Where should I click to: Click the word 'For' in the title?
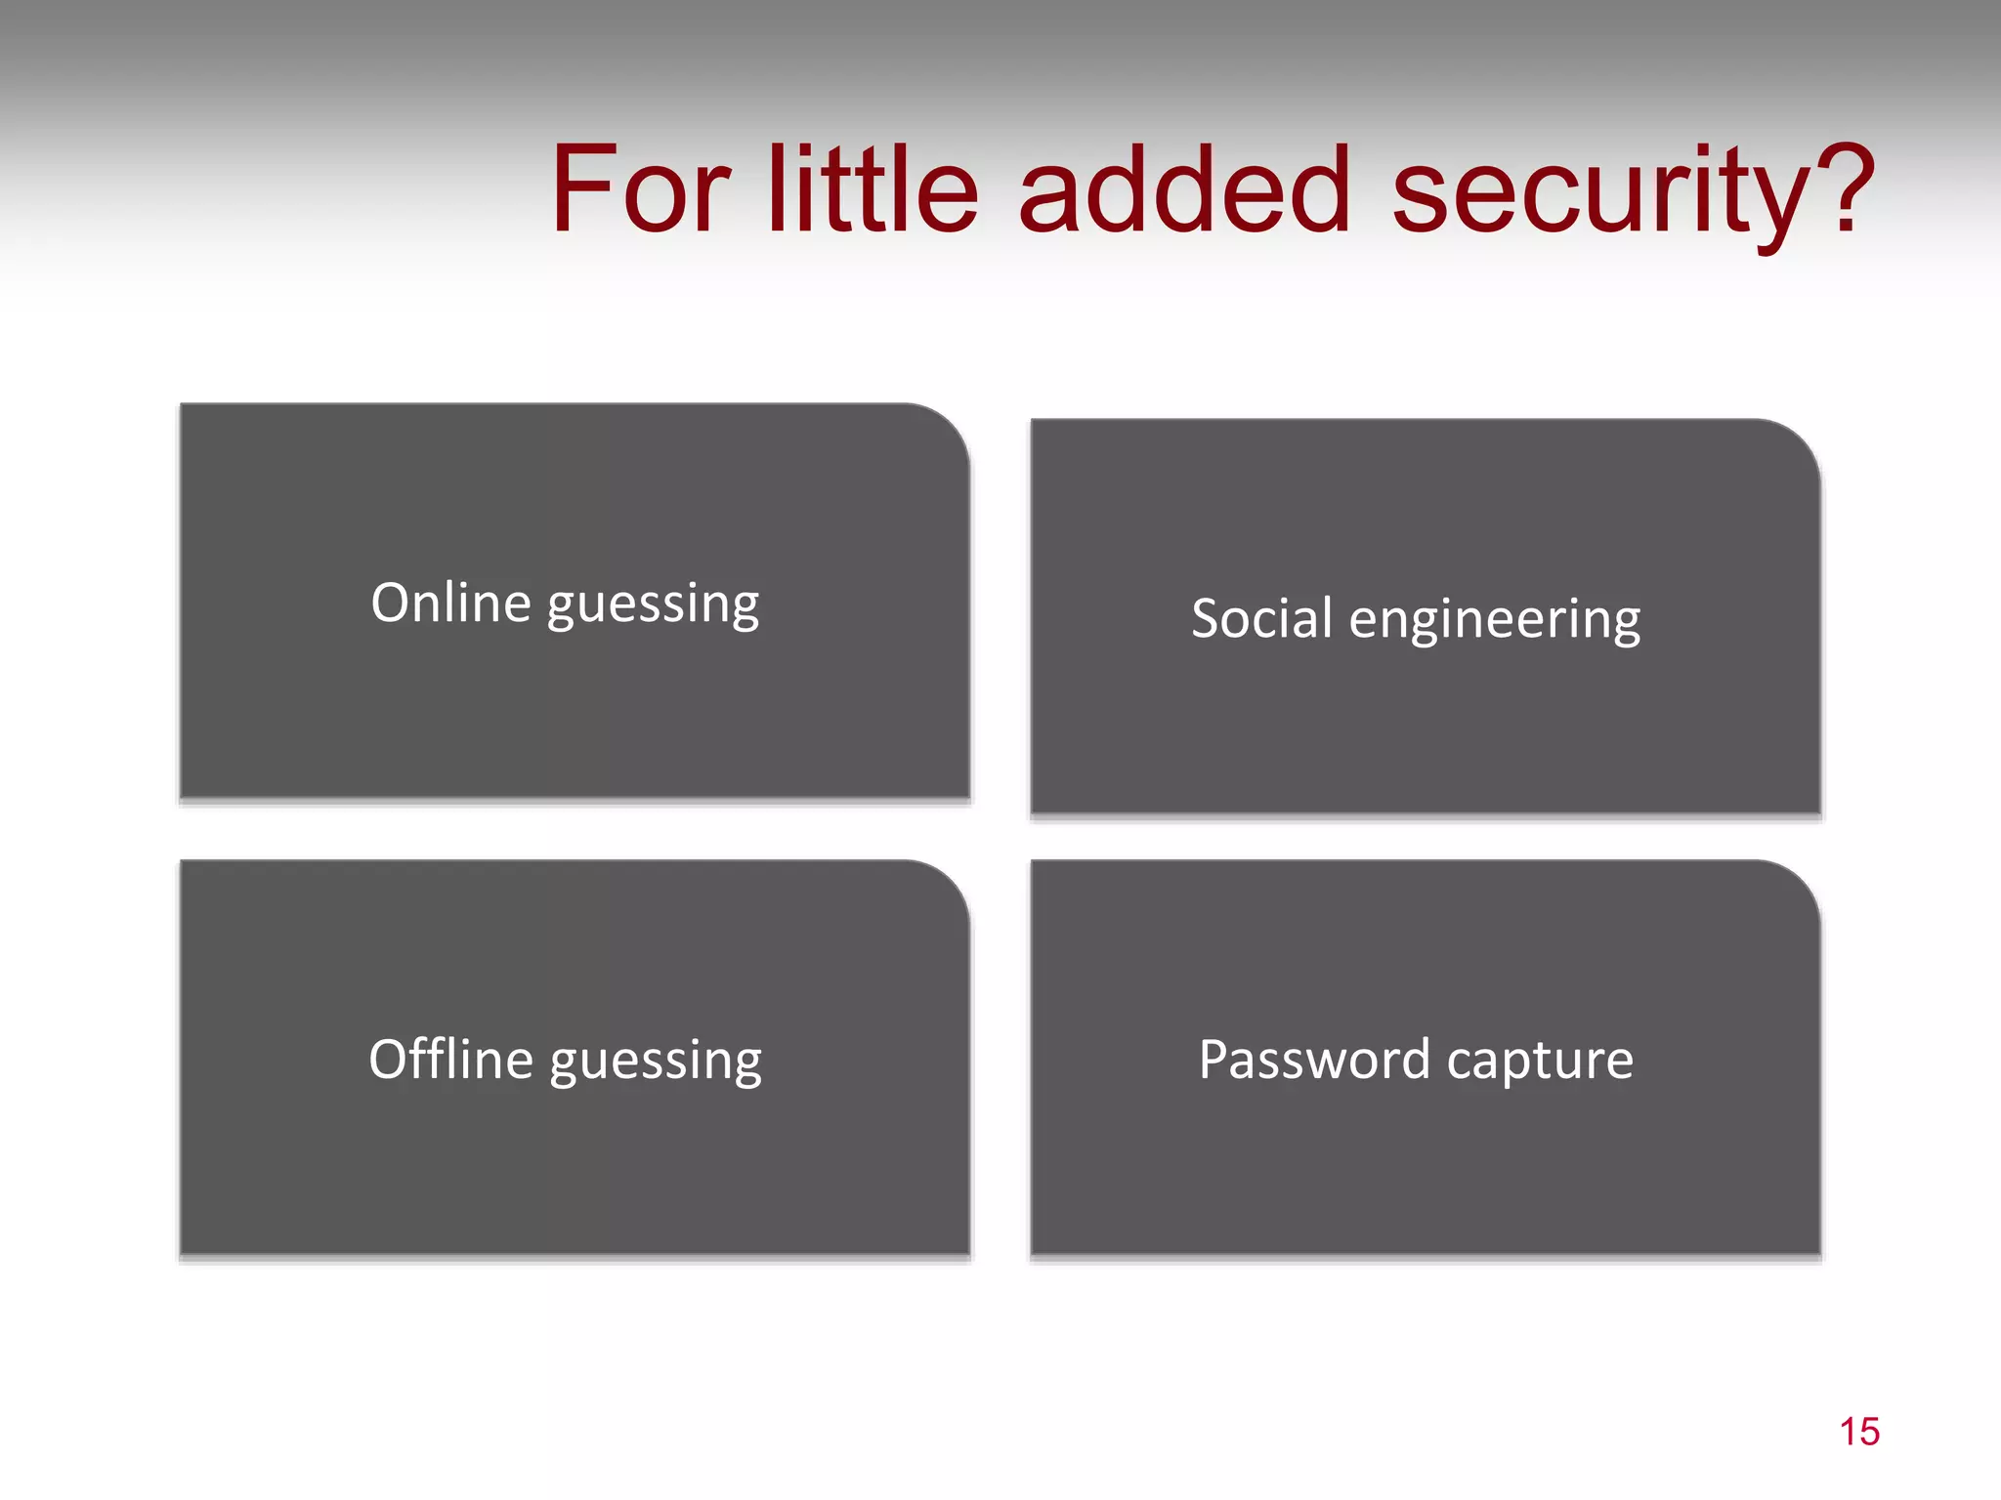(640, 189)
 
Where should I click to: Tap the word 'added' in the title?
(1184, 189)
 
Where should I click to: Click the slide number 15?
(1859, 1432)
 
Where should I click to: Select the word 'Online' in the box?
(450, 603)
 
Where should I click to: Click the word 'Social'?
(1261, 619)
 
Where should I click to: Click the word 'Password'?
(1314, 1060)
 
